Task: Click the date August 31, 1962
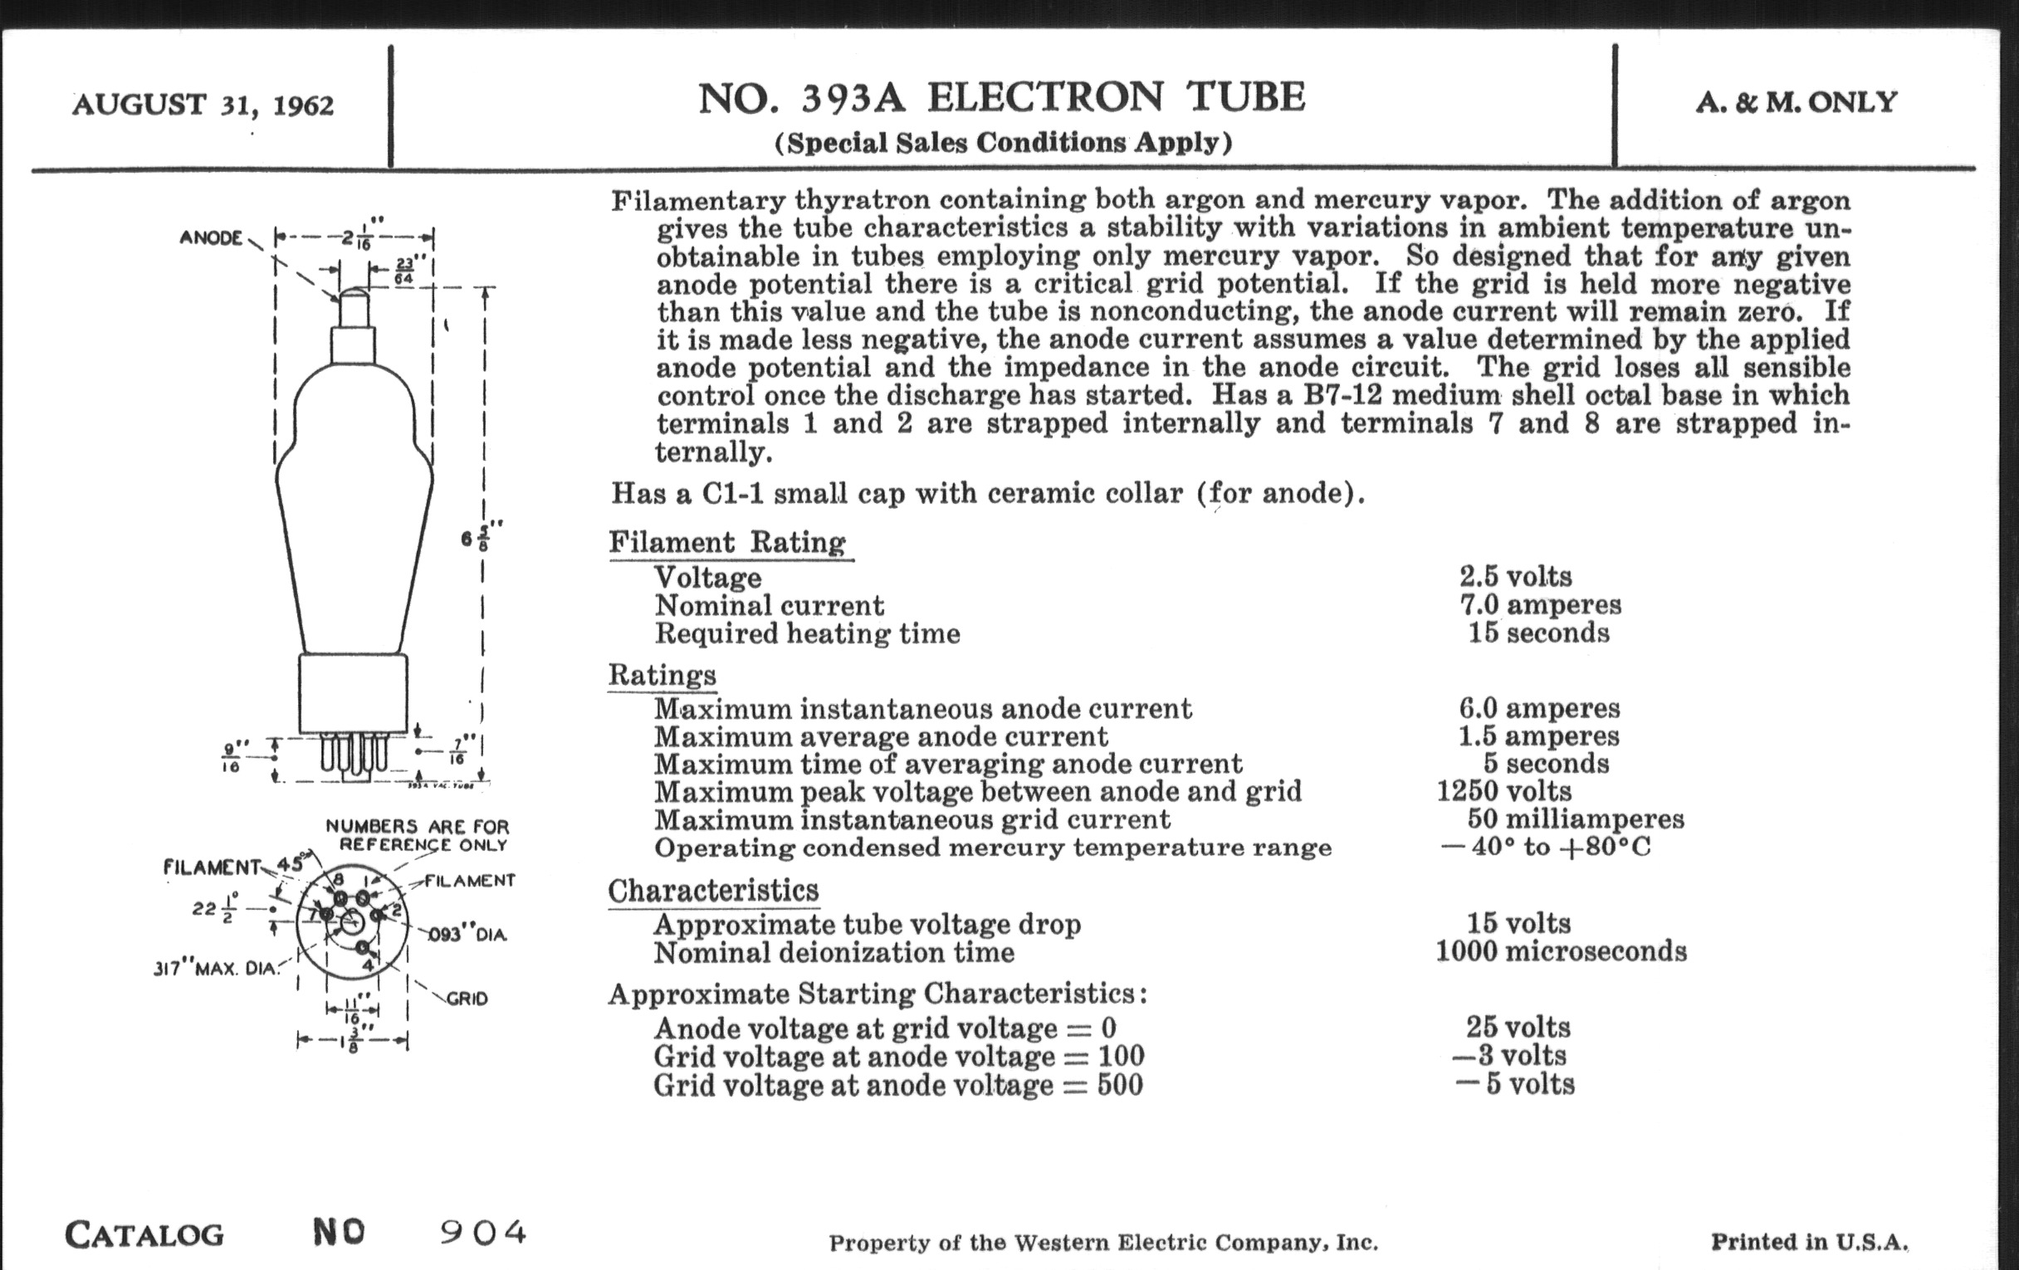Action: click(x=203, y=105)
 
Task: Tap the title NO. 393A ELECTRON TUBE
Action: click(x=1002, y=97)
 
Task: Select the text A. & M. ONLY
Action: click(x=1796, y=102)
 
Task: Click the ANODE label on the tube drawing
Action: click(x=211, y=238)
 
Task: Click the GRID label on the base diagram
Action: click(x=467, y=999)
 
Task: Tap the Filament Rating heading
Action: click(x=727, y=542)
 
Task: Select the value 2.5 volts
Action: click(x=1515, y=577)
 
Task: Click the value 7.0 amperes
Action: click(x=1540, y=604)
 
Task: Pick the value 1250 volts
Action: click(x=1504, y=790)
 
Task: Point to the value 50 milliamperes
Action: click(x=1576, y=818)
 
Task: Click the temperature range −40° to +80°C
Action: click(x=1545, y=847)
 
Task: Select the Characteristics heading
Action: click(x=712, y=891)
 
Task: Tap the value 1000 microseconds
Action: click(x=1561, y=951)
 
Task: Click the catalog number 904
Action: click(x=484, y=1232)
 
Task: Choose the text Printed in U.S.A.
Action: click(x=1810, y=1242)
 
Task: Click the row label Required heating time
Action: click(x=807, y=633)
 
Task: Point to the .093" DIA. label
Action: click(x=468, y=935)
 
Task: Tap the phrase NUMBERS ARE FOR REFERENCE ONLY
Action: click(x=418, y=835)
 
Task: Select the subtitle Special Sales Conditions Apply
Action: click(x=1003, y=143)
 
